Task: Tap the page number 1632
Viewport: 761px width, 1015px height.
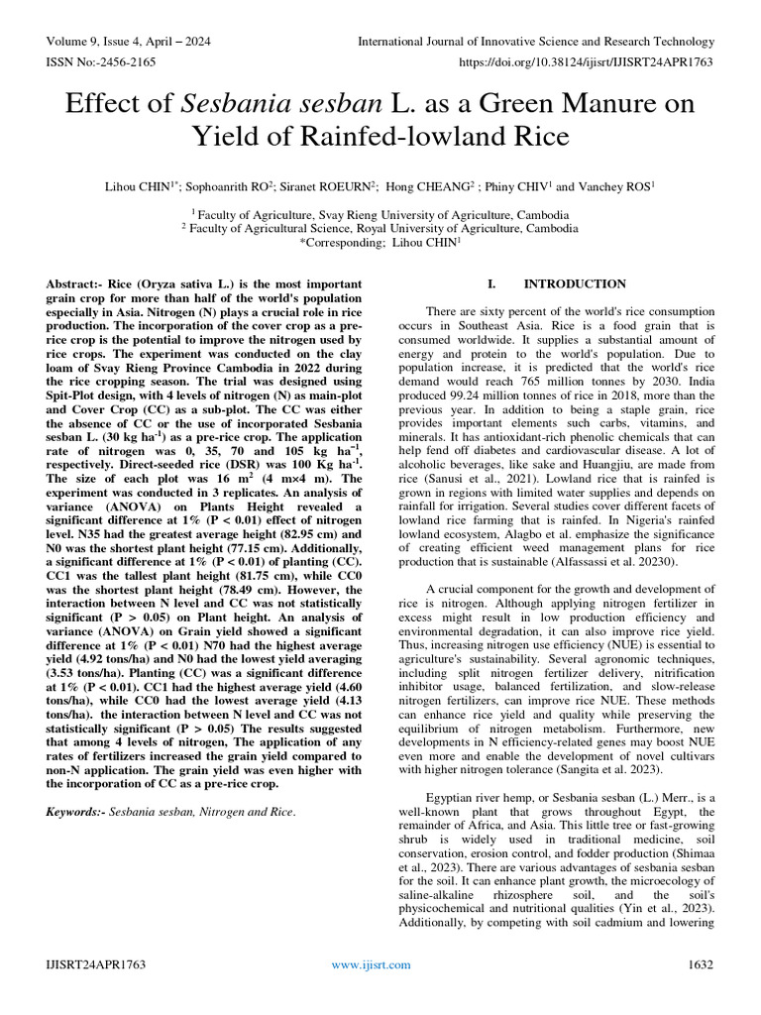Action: [700, 964]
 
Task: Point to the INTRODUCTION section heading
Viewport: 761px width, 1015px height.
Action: [561, 283]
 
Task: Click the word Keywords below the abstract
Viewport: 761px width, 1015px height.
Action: [74, 812]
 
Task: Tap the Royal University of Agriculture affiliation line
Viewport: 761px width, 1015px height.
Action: [380, 227]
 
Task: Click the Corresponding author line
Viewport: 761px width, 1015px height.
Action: [380, 242]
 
